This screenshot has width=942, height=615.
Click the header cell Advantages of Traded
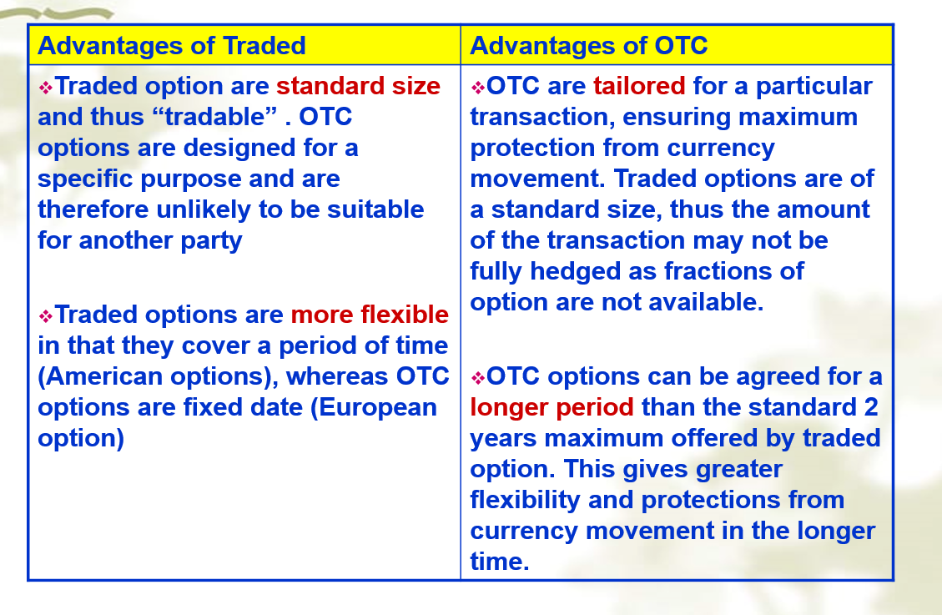(244, 45)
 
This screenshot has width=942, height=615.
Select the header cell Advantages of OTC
(677, 45)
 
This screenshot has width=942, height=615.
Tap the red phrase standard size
(359, 87)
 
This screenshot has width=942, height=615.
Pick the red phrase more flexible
(370, 315)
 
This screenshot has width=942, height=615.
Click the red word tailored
(639, 87)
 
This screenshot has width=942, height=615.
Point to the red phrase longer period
(552, 408)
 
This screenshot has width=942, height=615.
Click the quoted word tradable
(215, 117)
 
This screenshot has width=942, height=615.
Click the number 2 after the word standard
(871, 408)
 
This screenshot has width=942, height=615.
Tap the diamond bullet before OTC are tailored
(477, 88)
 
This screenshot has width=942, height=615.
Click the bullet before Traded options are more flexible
(46, 316)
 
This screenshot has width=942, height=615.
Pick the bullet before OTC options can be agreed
(477, 378)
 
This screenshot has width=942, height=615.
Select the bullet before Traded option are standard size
(46, 88)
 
